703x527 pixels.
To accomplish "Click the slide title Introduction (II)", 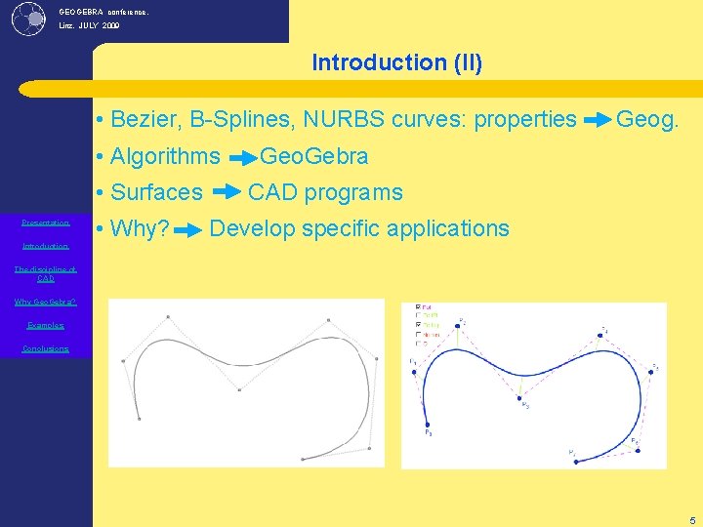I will tap(396, 62).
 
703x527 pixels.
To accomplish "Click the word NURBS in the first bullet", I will tap(337, 120).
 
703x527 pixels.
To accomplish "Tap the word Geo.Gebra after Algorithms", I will tap(313, 156).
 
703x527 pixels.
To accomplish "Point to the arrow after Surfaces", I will tap(226, 192).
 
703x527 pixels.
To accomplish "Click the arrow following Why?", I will tap(190, 229).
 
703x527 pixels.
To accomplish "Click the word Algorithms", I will tap(165, 156).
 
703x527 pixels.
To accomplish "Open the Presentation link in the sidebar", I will tap(46, 223).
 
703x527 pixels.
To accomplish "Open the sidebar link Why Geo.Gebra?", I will tap(46, 302).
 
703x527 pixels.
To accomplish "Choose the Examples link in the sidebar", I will tap(46, 325).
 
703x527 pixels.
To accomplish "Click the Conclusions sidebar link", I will tap(46, 348).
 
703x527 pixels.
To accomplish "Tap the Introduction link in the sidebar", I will tap(46, 246).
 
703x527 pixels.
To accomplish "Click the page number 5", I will tap(691, 519).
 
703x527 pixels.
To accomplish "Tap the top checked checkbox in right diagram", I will tap(419, 307).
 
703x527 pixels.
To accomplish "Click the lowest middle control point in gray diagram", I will tap(239, 389).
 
